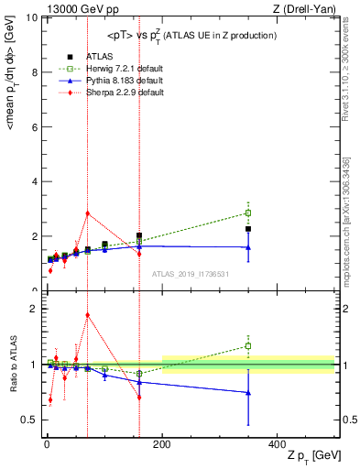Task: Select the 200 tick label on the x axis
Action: tap(162, 443)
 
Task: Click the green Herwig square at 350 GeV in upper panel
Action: tap(248, 213)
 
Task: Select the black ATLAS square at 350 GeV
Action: tap(248, 229)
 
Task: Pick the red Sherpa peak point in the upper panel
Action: tap(87, 213)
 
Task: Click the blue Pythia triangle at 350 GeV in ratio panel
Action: tap(248, 393)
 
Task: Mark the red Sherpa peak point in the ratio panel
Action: tap(87, 315)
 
